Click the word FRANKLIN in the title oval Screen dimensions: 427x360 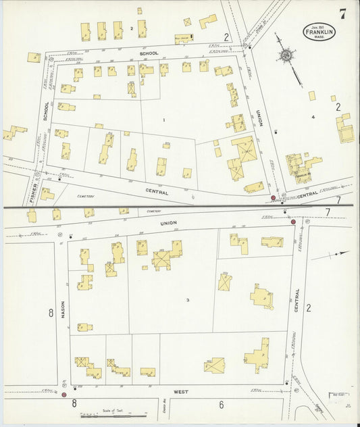coord(317,31)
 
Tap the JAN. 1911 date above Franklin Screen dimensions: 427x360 coord(317,25)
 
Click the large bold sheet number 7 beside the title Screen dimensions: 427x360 coord(344,13)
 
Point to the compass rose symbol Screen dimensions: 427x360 coord(286,55)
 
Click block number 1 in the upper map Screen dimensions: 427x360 coord(163,120)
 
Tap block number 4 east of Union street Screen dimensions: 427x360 coord(313,118)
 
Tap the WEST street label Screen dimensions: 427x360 coord(180,391)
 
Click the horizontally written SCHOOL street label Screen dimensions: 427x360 coord(149,53)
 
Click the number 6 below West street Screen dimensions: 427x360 coord(221,405)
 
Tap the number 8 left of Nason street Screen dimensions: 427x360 coord(51,313)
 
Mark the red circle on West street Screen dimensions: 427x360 coord(64,395)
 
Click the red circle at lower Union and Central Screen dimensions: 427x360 coord(293,222)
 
